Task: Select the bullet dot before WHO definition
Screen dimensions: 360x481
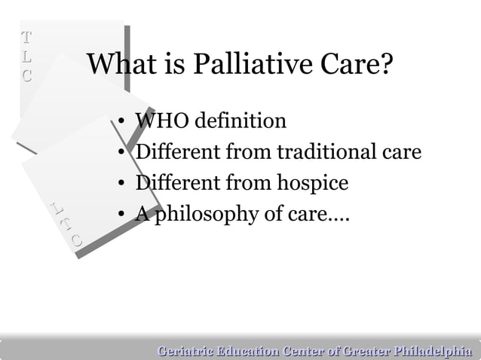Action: (121, 122)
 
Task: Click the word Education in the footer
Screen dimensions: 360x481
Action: (247, 349)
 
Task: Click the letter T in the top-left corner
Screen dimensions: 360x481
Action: (27, 37)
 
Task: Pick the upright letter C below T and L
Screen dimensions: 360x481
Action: (27, 75)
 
